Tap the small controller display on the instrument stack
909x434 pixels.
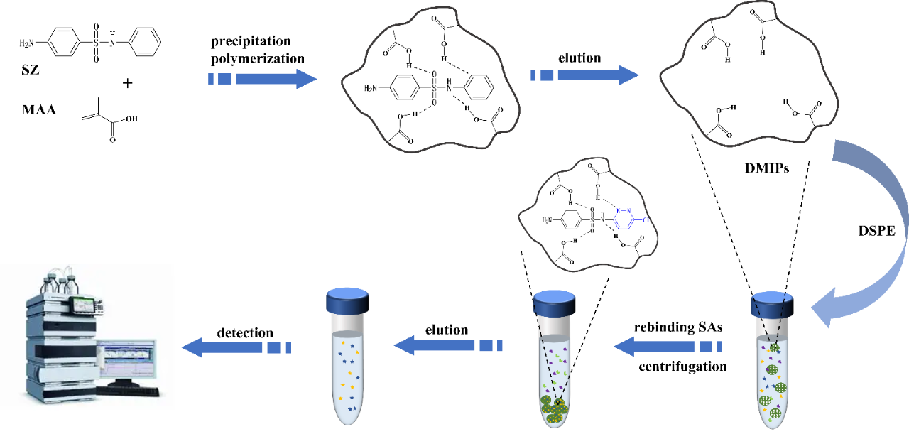coord(85,305)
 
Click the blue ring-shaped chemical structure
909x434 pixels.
coord(624,219)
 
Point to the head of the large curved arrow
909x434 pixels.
coord(824,313)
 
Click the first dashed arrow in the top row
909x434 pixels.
coord(263,79)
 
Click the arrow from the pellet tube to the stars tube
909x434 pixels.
coord(448,346)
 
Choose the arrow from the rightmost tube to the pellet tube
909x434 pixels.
coord(668,347)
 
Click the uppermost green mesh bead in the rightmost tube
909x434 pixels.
coord(773,347)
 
